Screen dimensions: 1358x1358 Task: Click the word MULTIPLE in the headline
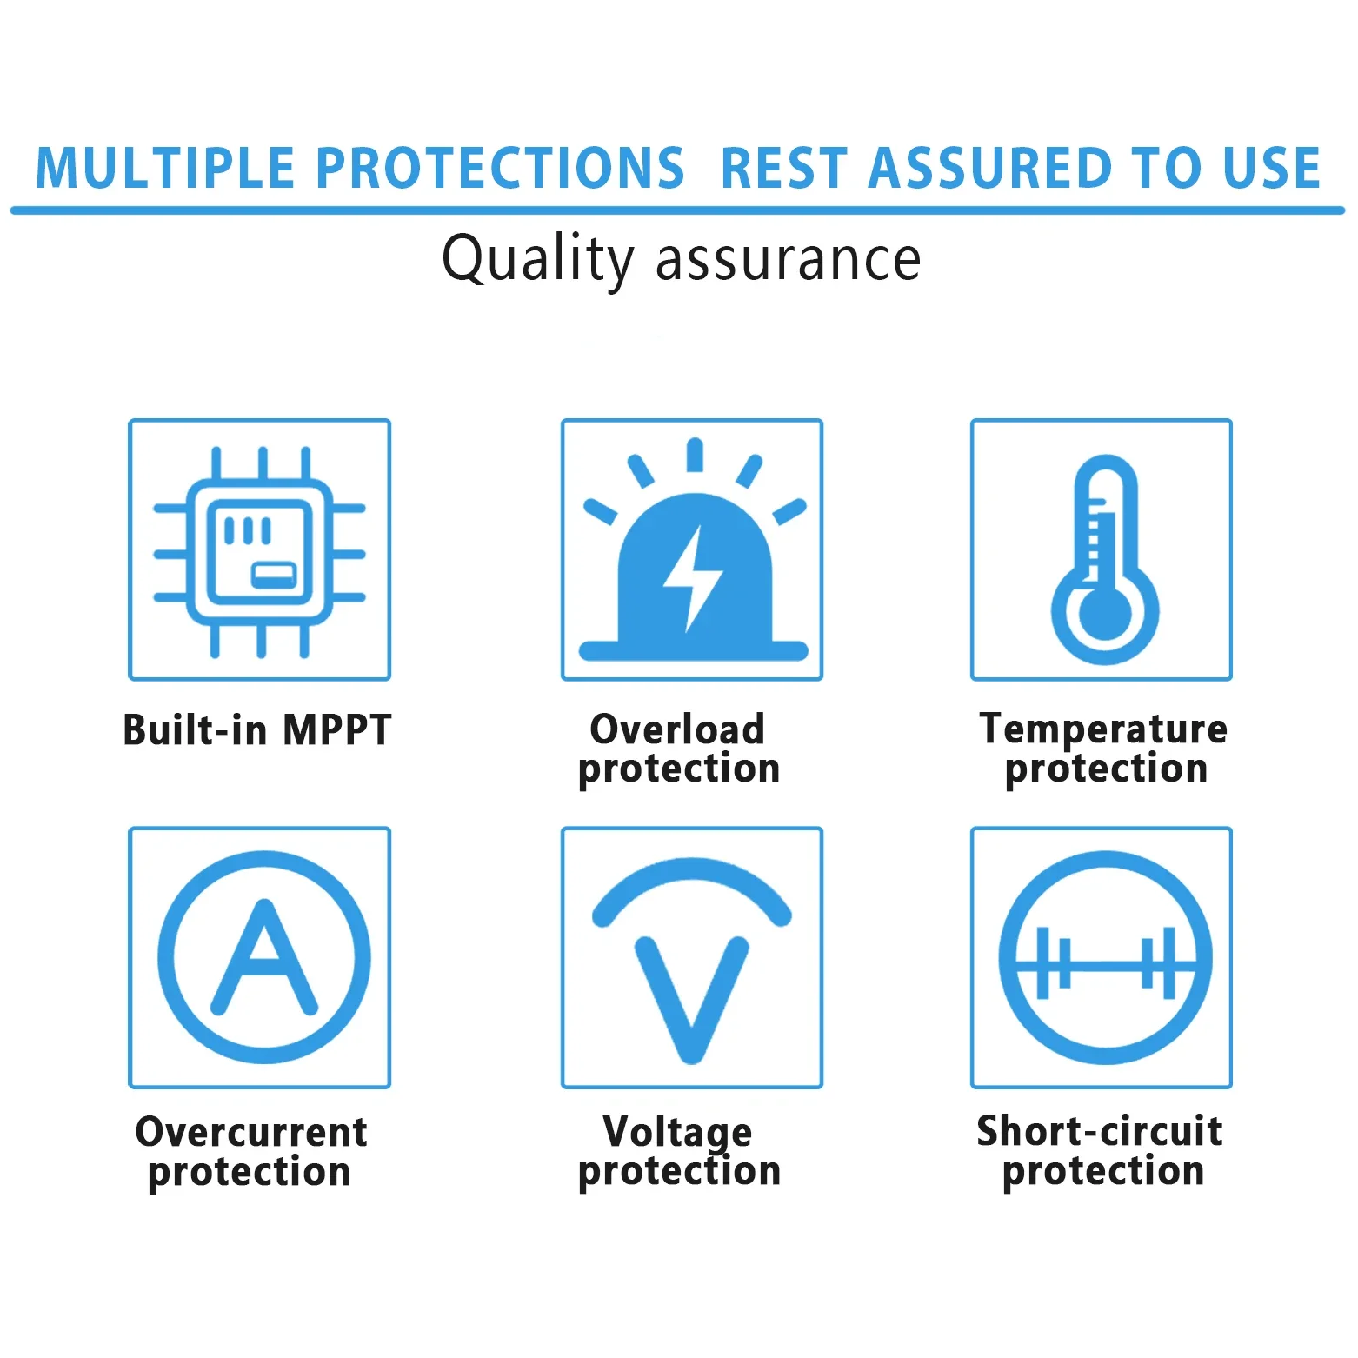165,168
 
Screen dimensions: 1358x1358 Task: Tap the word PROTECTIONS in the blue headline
500,168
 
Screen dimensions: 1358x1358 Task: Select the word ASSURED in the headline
990,168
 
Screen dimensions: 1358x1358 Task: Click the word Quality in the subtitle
538,259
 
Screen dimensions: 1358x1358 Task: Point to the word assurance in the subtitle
789,260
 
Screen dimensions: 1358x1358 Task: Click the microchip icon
260,552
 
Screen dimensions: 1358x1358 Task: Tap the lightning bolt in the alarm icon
693,578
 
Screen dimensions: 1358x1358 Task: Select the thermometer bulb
1105,613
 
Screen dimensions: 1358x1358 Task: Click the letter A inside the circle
264,956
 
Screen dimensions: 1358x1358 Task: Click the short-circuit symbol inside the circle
1105,963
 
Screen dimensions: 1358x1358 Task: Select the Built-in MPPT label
257,729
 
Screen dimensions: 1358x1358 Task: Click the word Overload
677,729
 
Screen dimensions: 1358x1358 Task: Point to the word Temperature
1103,729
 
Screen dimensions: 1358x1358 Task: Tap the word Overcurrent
251,1132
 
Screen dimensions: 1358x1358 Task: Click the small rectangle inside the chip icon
274,575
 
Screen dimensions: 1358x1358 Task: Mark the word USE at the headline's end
1272,168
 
